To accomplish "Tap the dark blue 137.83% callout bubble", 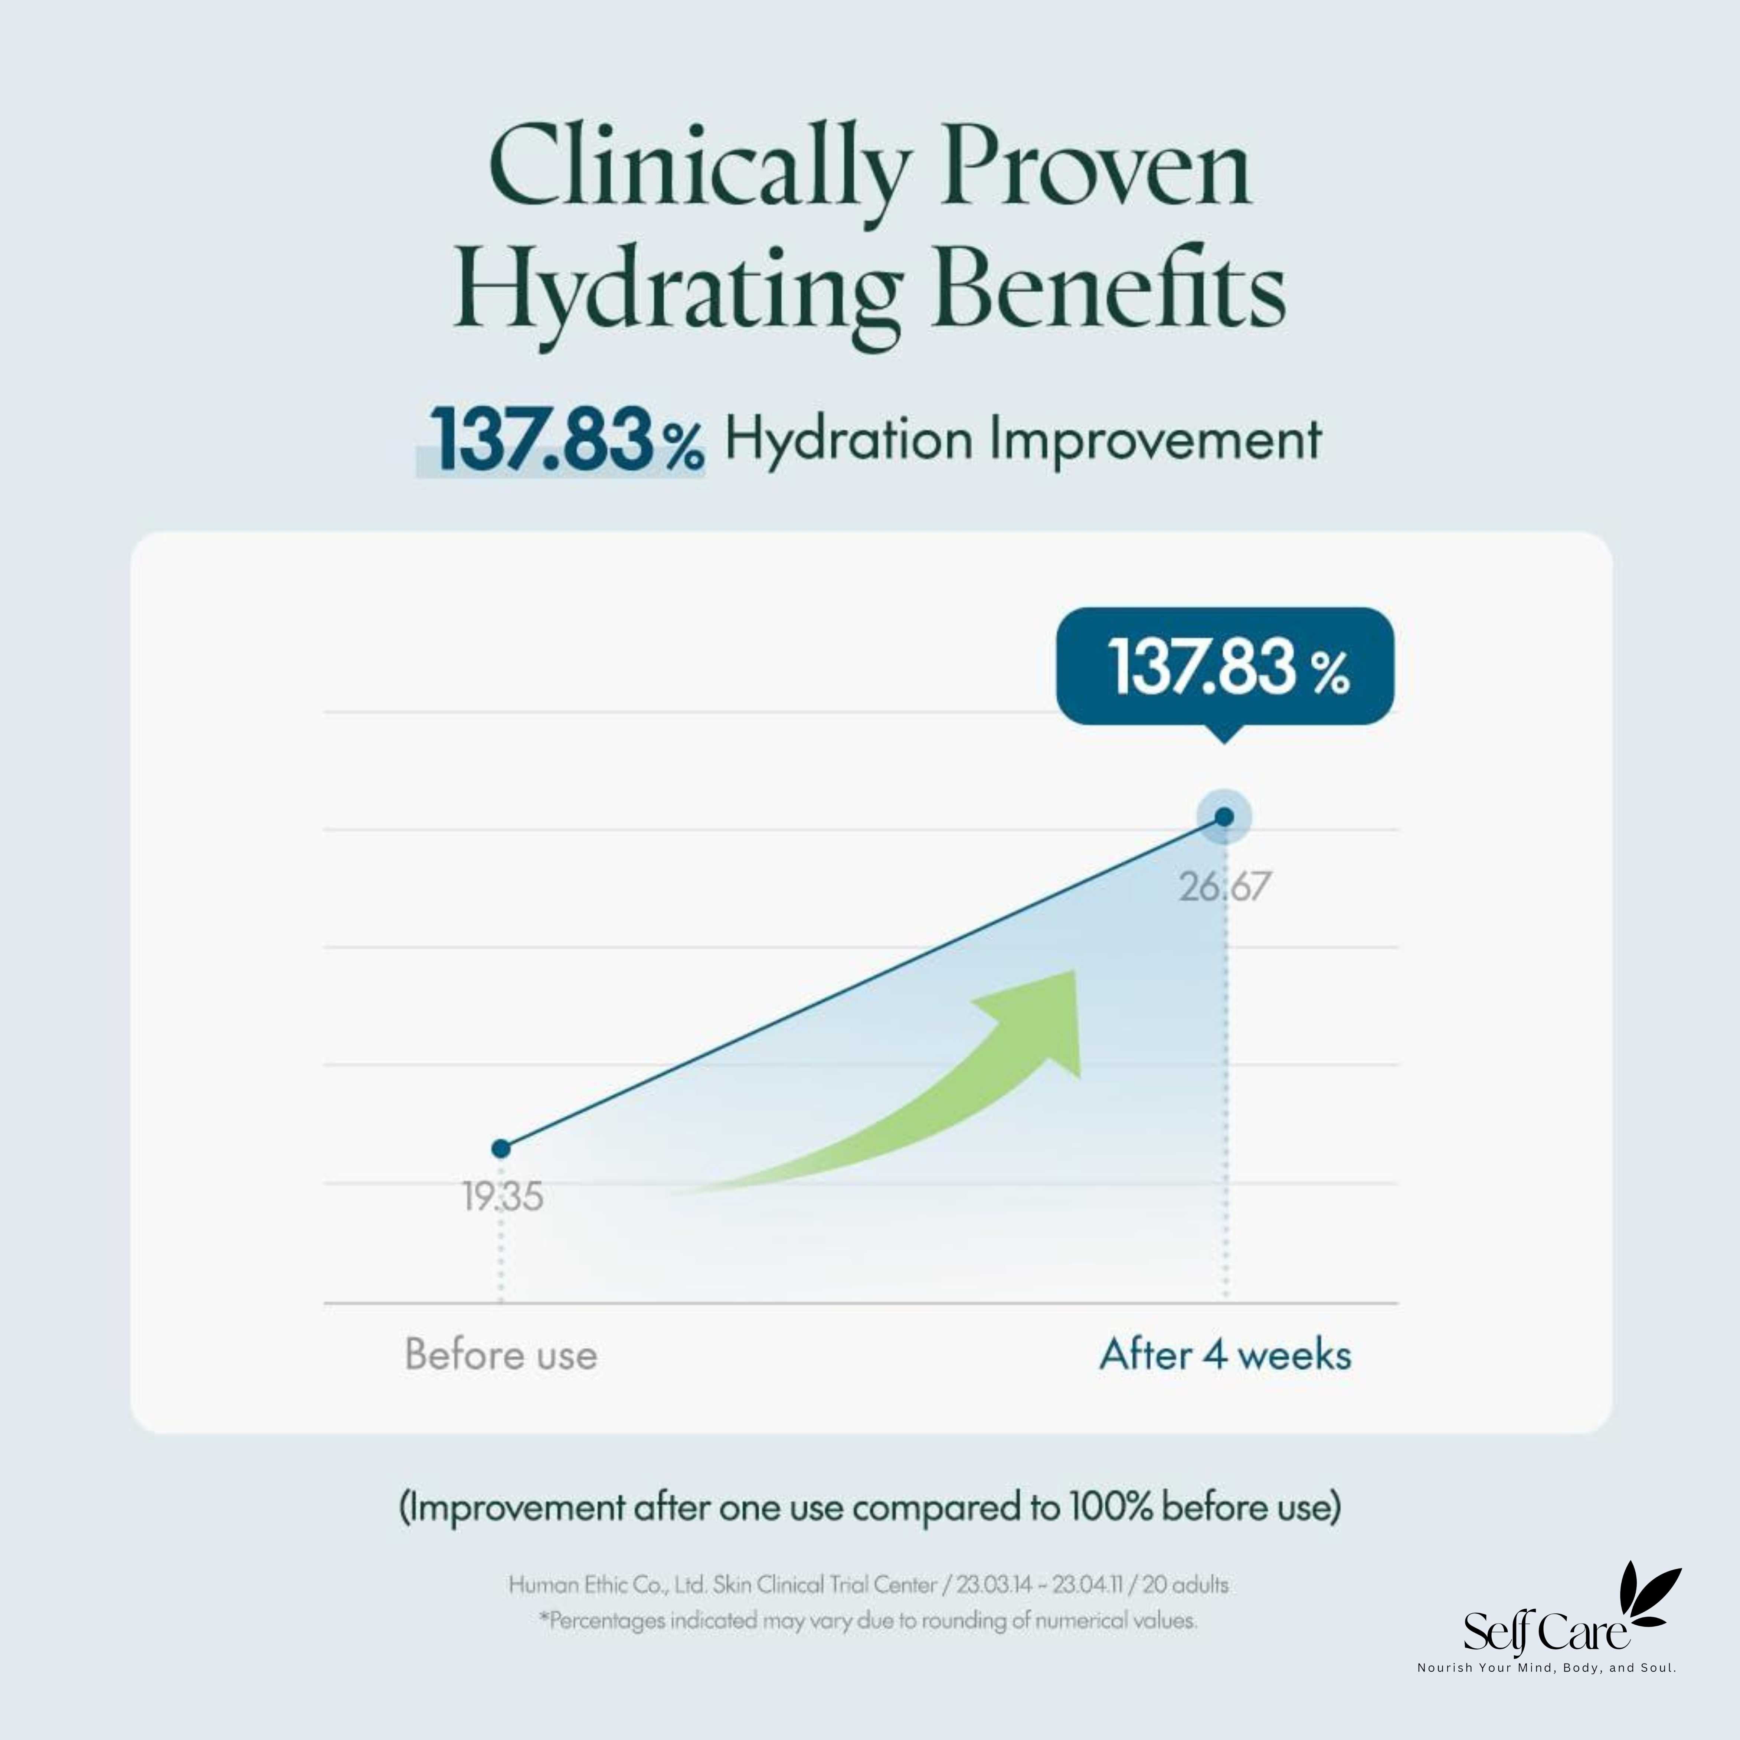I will [1225, 667].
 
